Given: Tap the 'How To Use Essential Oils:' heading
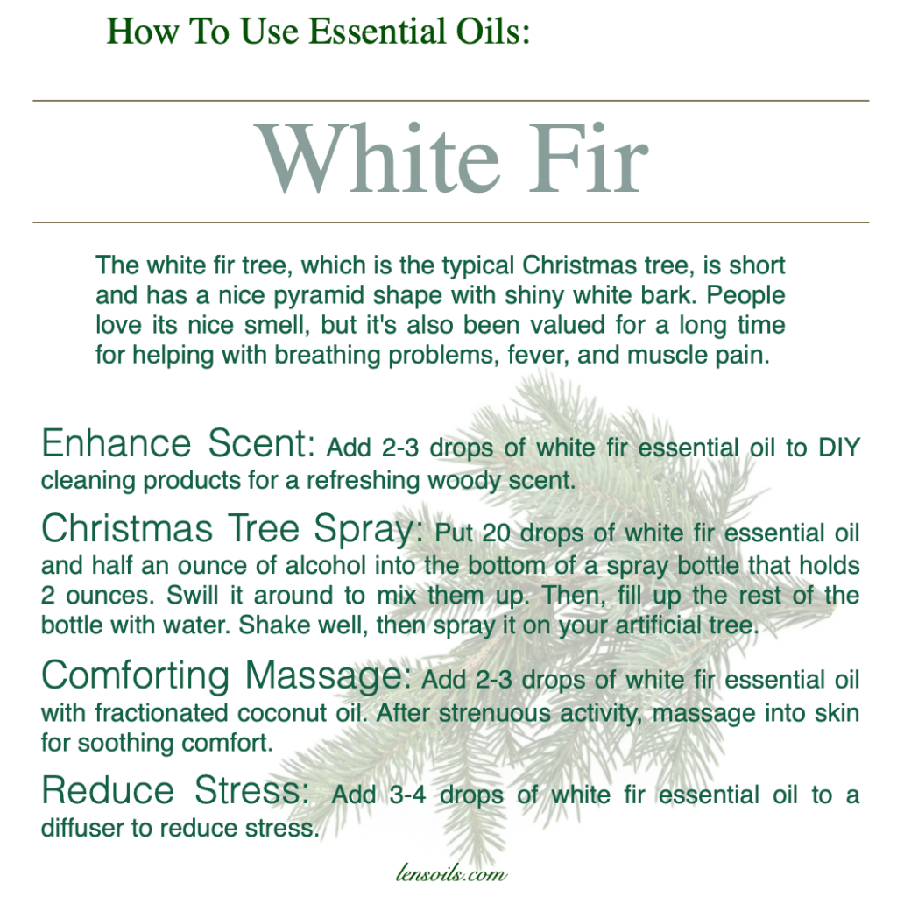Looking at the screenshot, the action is click(x=319, y=31).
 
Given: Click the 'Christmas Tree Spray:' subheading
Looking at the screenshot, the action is click(x=232, y=529).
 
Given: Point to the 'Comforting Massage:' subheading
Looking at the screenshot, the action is click(x=227, y=675).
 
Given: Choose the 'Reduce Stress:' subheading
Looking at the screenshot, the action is click(x=175, y=790).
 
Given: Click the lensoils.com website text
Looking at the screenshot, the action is click(x=451, y=874).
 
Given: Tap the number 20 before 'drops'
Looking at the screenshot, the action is click(x=496, y=533).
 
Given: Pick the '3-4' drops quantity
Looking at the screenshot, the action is click(x=408, y=795).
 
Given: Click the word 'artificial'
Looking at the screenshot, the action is click(x=657, y=625).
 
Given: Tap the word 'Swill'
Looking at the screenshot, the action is click(x=192, y=596).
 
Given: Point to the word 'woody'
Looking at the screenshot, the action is click(x=463, y=481).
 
